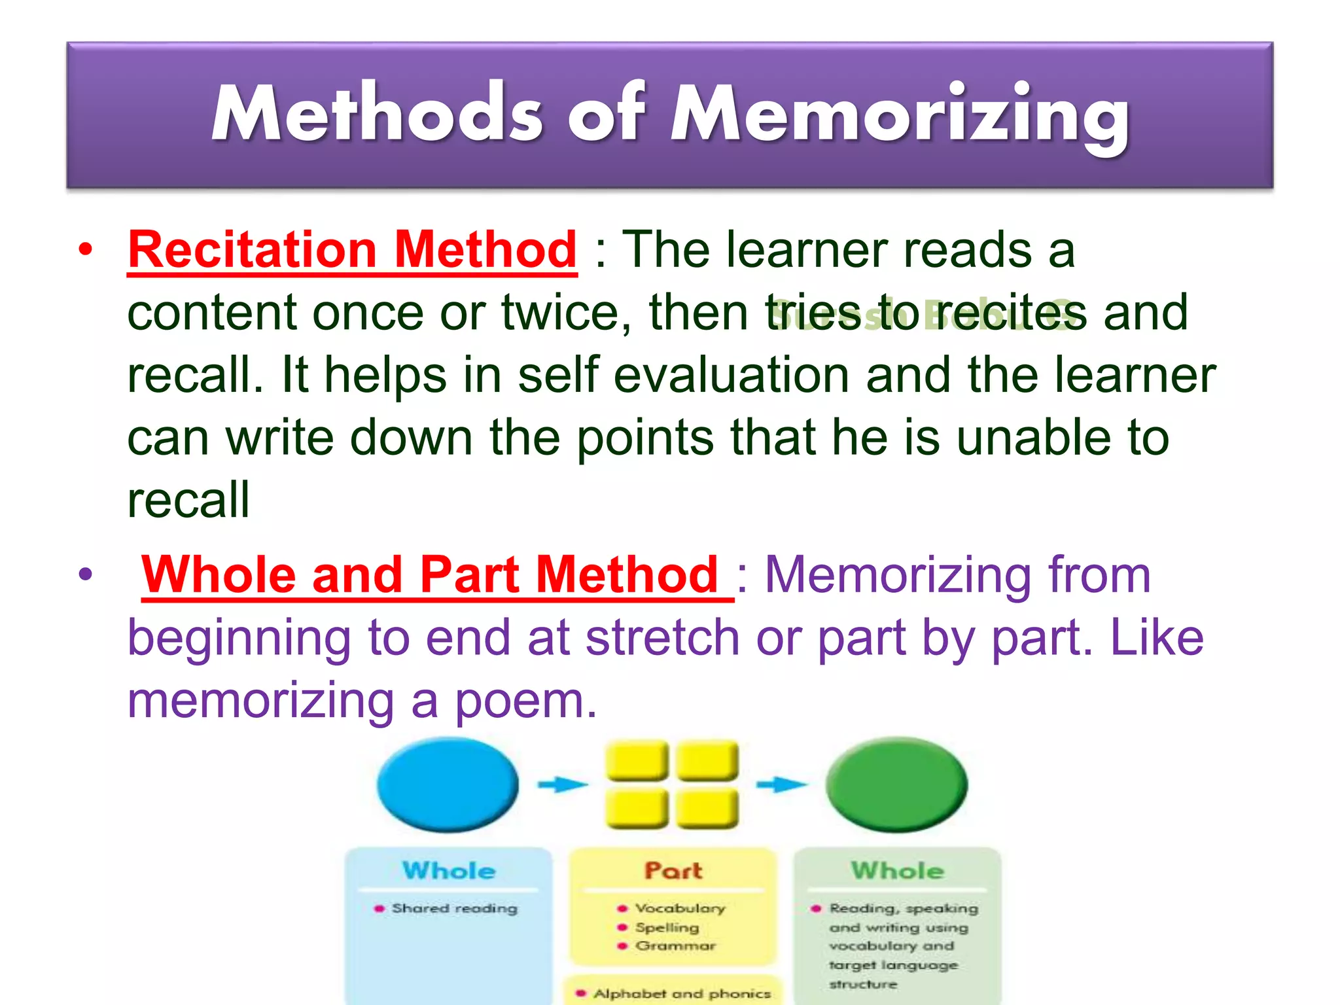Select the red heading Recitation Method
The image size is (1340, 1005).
click(352, 250)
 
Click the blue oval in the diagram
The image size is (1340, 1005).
click(448, 785)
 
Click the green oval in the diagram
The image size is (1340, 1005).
click(896, 785)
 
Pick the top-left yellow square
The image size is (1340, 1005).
click(637, 760)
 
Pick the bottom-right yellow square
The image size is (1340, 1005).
click(707, 809)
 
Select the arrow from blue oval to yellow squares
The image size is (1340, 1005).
click(562, 784)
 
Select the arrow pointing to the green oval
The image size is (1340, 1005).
click(781, 784)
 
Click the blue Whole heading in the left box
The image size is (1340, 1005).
click(449, 871)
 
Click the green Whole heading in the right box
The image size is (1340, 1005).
click(897, 871)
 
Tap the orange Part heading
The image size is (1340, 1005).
click(673, 871)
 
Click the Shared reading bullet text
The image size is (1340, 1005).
click(454, 908)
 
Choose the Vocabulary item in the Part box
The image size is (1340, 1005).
click(680, 908)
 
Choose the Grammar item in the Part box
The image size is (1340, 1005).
click(675, 946)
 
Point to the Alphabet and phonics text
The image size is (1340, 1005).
click(682, 993)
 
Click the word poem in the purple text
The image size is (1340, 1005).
click(525, 701)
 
